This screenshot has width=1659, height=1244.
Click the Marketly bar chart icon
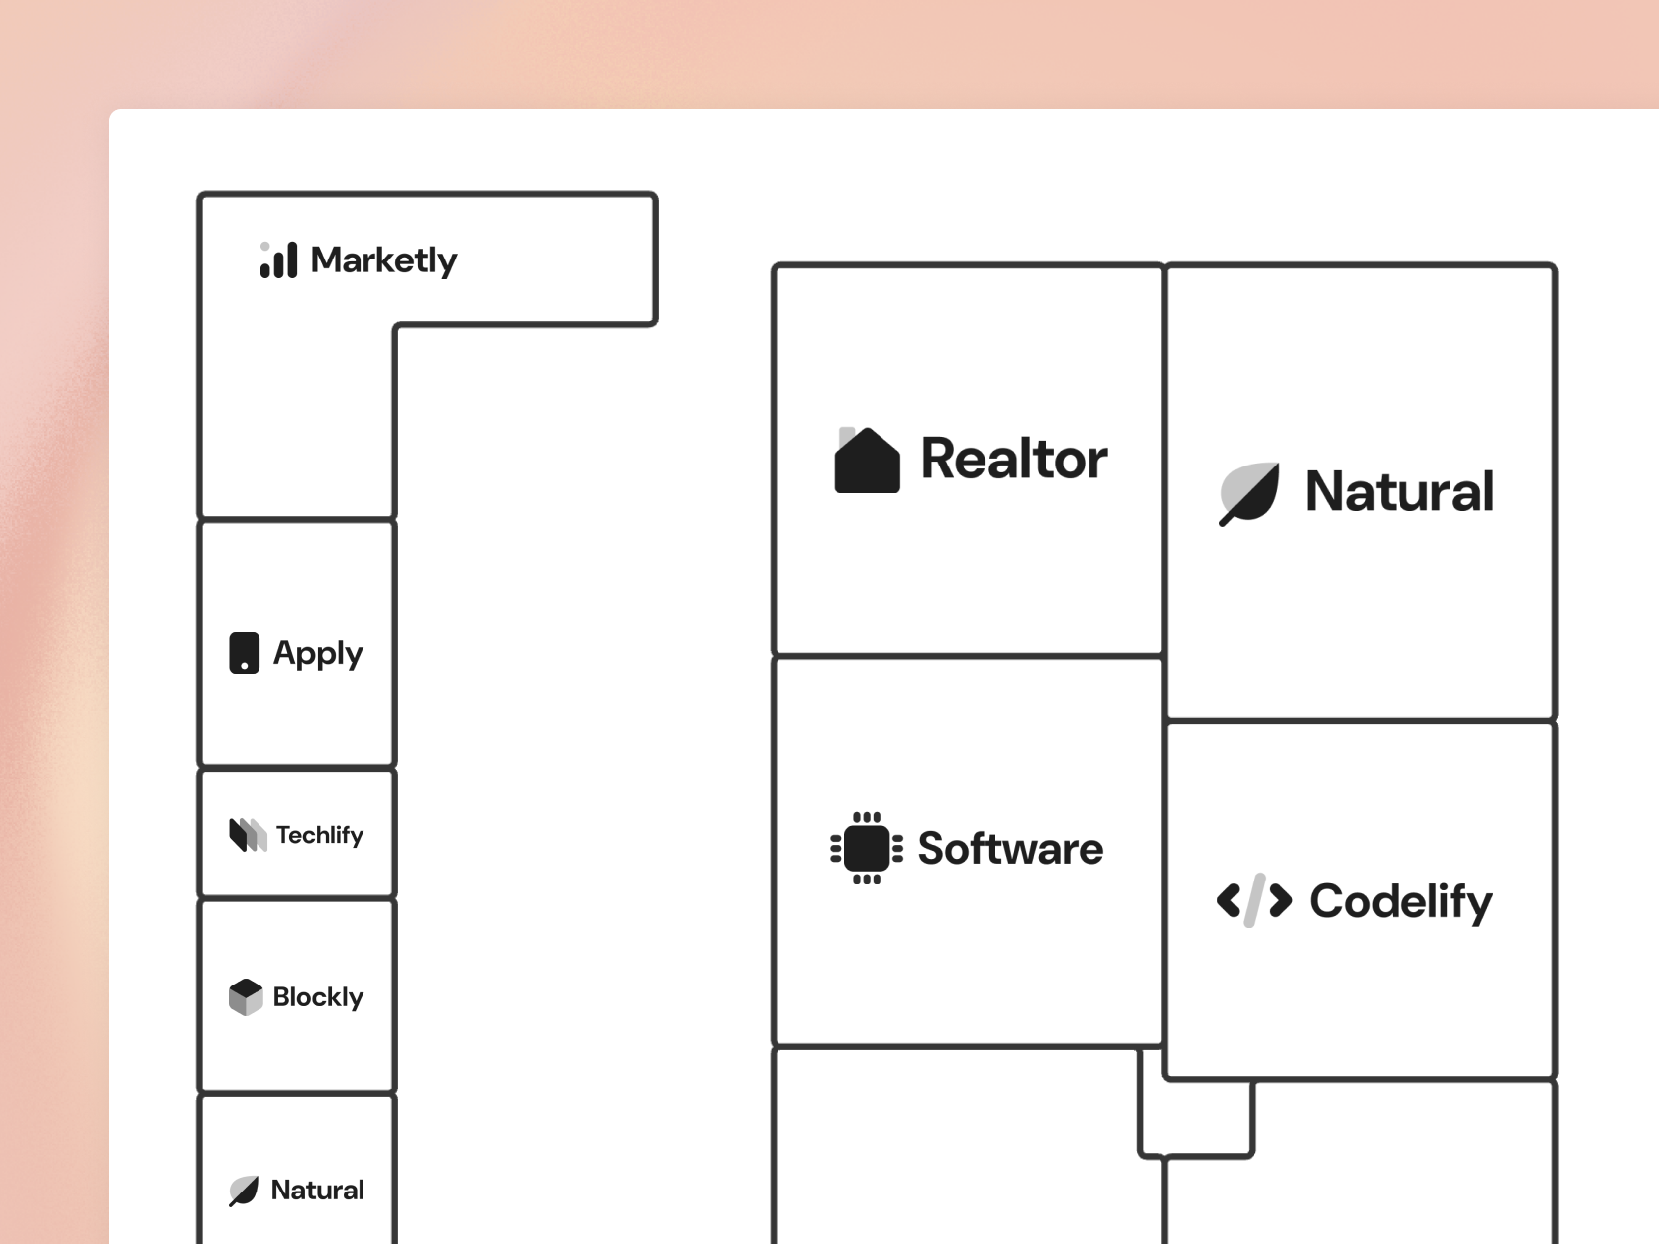279,259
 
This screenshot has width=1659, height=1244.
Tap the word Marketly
384,260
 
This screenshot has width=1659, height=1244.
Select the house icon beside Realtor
867,460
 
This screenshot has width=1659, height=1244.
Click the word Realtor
1014,459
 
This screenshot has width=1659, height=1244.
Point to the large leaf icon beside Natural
1249,493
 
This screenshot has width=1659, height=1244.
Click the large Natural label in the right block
1399,491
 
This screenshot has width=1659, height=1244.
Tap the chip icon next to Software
867,848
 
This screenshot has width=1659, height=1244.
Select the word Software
1010,848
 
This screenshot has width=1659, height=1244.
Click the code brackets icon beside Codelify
1254,900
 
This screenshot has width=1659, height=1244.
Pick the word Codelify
1401,901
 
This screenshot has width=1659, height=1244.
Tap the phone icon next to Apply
244,653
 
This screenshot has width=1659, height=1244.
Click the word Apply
318,654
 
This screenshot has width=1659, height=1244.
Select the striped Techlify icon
248,835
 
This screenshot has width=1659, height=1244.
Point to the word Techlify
320,835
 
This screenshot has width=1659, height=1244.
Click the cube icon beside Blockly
246,997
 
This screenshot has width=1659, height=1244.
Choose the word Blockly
318,997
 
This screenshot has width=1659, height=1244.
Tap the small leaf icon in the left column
244,1192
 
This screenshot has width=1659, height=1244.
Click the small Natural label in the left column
318,1191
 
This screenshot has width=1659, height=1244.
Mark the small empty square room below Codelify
1195,1117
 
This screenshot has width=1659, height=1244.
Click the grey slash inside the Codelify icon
1255,900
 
